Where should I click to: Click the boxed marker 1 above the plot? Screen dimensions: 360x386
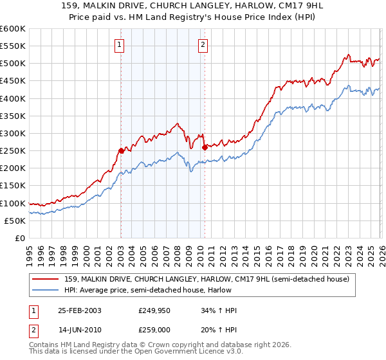[x=120, y=44]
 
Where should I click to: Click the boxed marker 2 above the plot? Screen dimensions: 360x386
[x=203, y=44]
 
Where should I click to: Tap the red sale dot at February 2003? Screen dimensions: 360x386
[x=121, y=150]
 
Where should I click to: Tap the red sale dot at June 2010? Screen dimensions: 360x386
[x=205, y=147]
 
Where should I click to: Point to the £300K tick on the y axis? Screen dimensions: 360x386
[x=13, y=133]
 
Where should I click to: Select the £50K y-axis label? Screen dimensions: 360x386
[x=15, y=221]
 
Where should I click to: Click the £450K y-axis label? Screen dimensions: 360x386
[x=13, y=81]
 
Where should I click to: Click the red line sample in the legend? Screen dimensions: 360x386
[x=46, y=279]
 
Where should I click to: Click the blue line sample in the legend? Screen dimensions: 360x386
[x=46, y=290]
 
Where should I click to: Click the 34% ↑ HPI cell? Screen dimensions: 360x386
[x=219, y=310]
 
